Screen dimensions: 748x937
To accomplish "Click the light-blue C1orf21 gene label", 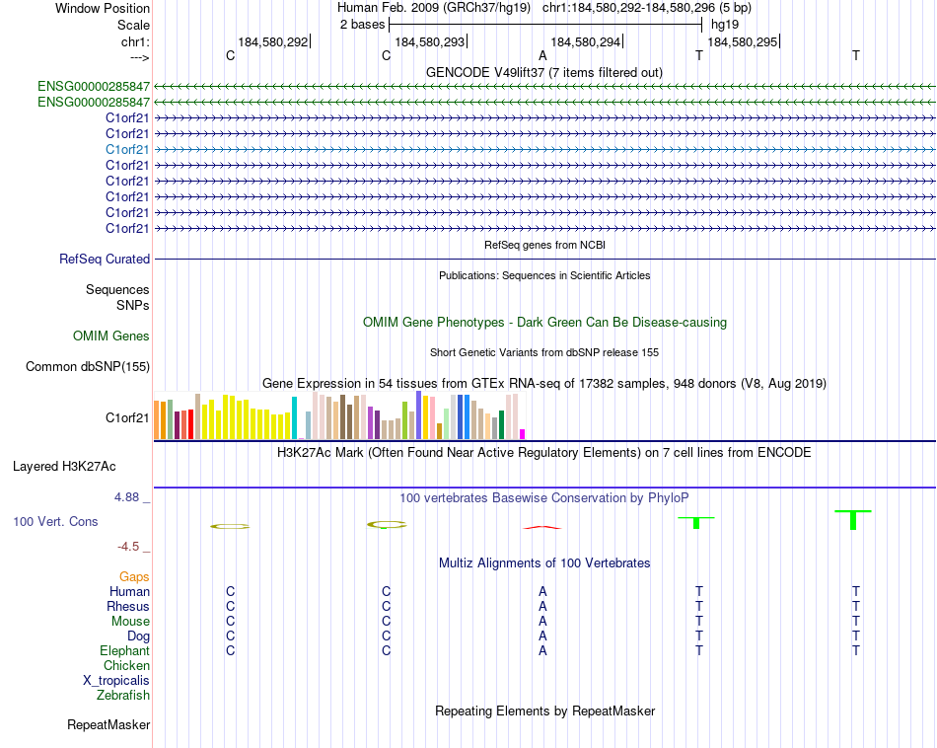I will coord(127,149).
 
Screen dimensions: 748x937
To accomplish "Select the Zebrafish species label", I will coord(123,696).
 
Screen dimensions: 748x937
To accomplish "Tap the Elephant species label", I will coord(124,651).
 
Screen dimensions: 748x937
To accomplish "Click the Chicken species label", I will coord(126,666).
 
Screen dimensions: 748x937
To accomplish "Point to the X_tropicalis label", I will coord(116,681).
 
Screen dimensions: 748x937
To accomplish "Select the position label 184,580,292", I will coord(273,41).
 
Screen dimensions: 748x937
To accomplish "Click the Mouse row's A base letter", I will coord(542,622).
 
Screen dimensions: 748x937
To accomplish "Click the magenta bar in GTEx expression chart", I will coord(523,433).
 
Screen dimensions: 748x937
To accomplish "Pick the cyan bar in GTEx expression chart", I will coord(294,417).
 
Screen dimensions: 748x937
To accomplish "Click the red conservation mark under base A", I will coord(541,527).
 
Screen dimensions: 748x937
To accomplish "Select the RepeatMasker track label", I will coord(108,725).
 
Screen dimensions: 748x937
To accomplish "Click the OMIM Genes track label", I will coord(111,337).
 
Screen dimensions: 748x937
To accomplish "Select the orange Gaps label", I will coord(134,576).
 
